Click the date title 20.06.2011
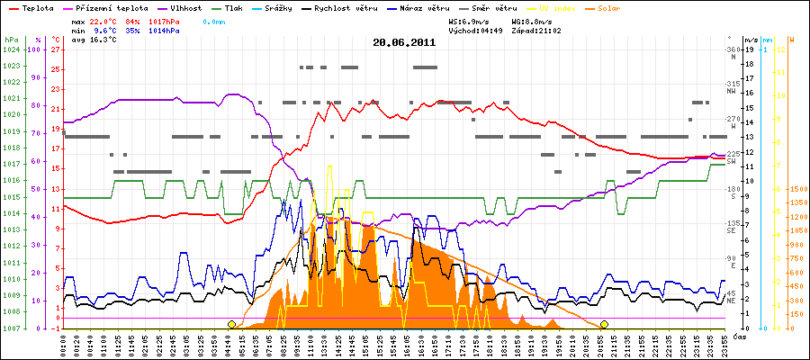point(405,42)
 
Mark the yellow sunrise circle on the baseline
point(231,324)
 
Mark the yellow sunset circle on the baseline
point(604,324)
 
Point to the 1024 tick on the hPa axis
point(11,49)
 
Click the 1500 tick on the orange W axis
point(796,190)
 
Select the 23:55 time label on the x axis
point(722,344)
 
